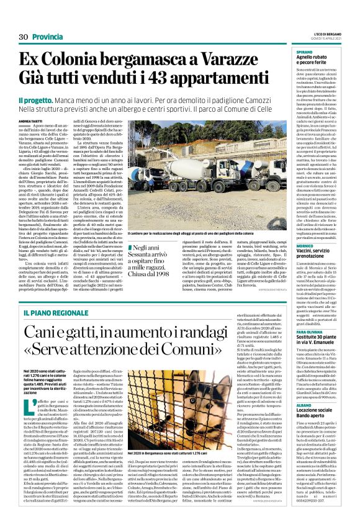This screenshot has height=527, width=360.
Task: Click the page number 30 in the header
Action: pos(24,37)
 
